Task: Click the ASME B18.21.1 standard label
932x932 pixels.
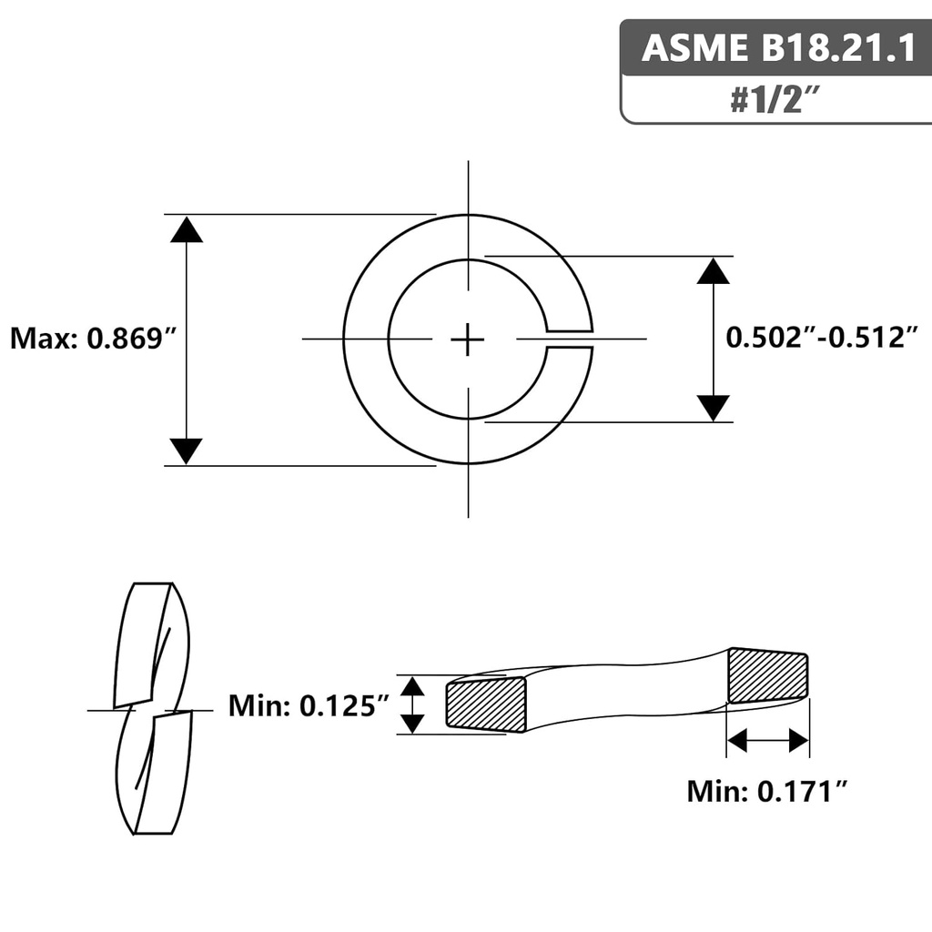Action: (778, 47)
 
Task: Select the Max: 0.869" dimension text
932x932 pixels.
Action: (92, 339)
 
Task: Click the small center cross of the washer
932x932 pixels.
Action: (468, 339)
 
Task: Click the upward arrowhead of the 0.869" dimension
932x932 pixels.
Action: (187, 229)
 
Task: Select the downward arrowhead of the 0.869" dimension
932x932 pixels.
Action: (187, 451)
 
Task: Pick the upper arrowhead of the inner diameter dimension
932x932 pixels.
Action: (714, 270)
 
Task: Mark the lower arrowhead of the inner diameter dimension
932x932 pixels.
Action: (714, 408)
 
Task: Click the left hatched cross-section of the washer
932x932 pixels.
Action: (486, 704)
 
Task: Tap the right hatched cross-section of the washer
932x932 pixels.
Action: (768, 676)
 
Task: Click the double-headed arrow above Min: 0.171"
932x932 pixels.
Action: (768, 741)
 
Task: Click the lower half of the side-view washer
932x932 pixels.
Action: (155, 774)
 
